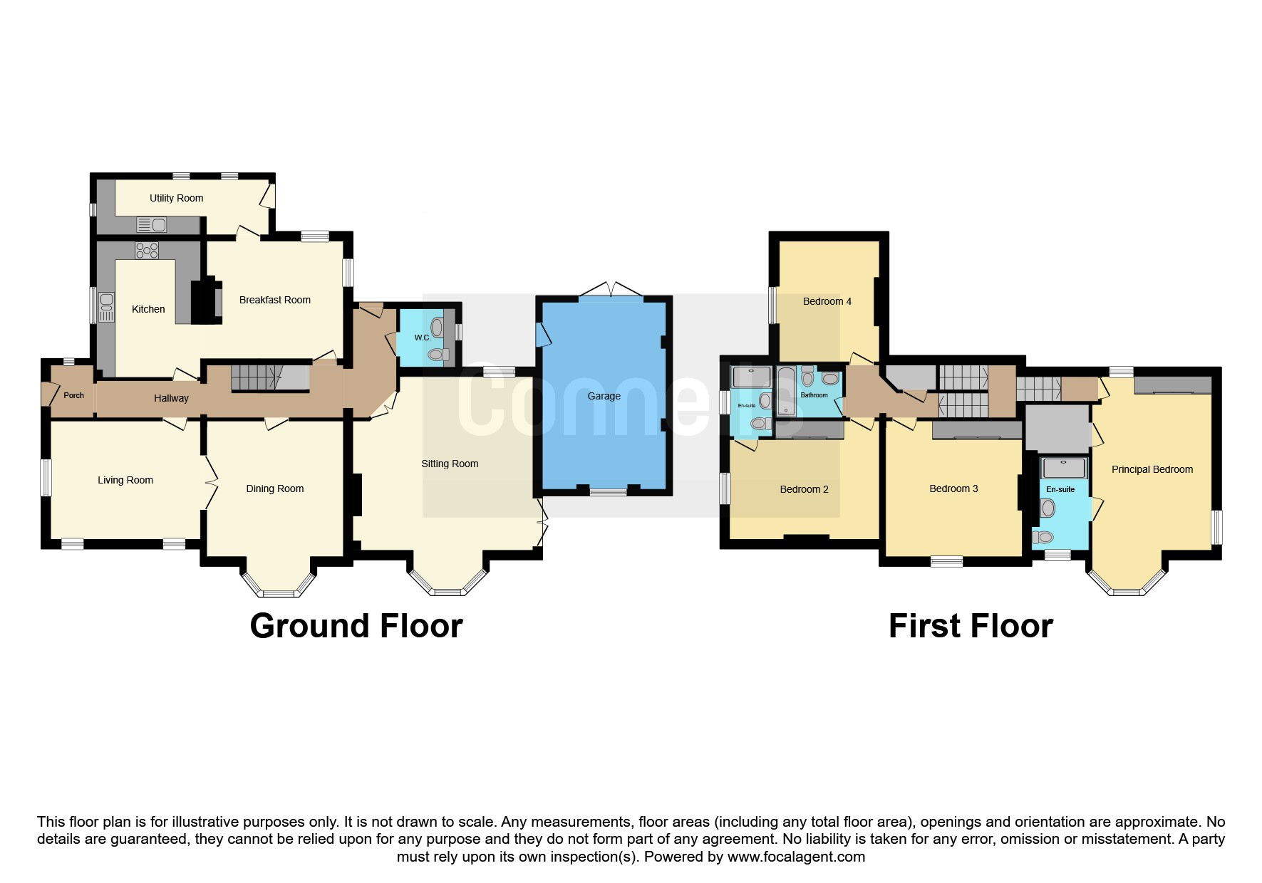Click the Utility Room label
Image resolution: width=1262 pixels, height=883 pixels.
[176, 198]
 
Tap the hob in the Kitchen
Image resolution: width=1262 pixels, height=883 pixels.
[147, 250]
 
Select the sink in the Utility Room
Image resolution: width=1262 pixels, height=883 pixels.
[151, 225]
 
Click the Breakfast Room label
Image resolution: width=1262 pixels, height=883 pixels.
[274, 300]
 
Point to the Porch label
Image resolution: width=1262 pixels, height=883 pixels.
[73, 395]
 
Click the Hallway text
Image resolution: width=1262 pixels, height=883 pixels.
[171, 399]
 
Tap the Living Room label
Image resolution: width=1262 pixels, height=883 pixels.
[125, 481]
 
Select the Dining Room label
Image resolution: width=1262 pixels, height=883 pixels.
[274, 489]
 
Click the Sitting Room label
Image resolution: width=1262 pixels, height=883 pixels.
[450, 464]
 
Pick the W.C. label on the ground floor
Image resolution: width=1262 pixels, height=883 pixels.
[423, 338]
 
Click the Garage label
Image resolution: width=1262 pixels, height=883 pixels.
[604, 396]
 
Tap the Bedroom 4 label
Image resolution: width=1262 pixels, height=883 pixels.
[827, 301]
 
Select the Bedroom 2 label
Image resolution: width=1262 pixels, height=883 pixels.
[804, 489]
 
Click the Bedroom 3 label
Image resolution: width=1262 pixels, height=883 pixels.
[953, 488]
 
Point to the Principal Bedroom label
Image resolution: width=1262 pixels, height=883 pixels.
[1152, 469]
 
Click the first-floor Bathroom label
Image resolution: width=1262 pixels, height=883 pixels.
[814, 395]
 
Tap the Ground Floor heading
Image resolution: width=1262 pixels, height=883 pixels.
[356, 626]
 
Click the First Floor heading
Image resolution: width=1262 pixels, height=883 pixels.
[971, 626]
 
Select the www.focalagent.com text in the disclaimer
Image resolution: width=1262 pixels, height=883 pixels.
[796, 857]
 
